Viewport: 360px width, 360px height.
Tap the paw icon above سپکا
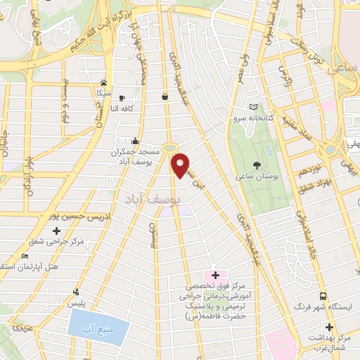click(103, 82)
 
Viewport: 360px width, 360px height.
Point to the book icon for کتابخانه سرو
click(254, 108)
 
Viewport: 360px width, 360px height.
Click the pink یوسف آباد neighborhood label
click(151, 200)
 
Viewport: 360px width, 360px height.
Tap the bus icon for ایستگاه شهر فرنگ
click(323, 296)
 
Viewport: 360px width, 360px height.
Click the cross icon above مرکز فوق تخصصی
click(215, 274)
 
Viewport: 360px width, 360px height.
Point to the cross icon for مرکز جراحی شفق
click(56, 231)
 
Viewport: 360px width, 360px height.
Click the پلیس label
click(75, 302)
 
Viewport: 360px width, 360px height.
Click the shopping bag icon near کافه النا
click(165, 97)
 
